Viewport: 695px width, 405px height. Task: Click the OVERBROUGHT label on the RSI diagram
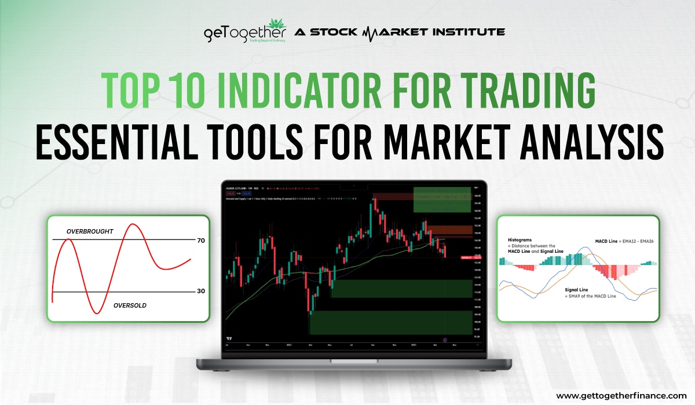(x=90, y=231)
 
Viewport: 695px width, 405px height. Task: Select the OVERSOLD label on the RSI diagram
(x=130, y=305)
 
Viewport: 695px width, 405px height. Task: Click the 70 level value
(x=201, y=240)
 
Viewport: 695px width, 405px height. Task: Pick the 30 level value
(x=201, y=291)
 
